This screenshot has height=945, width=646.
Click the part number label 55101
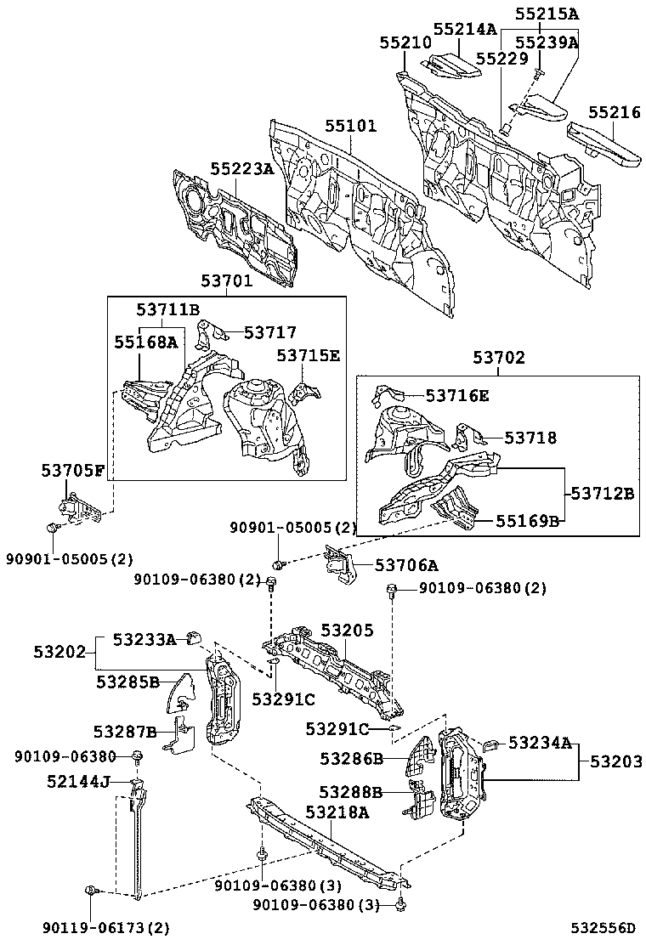pos(350,127)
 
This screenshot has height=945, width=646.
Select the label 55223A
pos(242,169)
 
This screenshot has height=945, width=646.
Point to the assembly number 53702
pos(498,359)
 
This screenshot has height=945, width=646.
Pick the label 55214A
pos(464,28)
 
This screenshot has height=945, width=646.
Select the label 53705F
pos(73,470)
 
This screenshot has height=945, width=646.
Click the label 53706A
pos(406,565)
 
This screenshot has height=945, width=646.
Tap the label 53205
pos(347,630)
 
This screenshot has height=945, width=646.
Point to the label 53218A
pos(337,812)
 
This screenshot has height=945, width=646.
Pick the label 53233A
pos(144,640)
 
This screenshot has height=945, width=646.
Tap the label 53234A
pos(541,743)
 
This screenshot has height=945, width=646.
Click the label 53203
pos(611,761)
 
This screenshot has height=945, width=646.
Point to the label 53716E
pos(457,395)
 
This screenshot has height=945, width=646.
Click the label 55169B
pos(528,521)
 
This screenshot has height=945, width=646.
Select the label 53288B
pos(351,792)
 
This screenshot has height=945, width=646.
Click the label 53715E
pos(307,355)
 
